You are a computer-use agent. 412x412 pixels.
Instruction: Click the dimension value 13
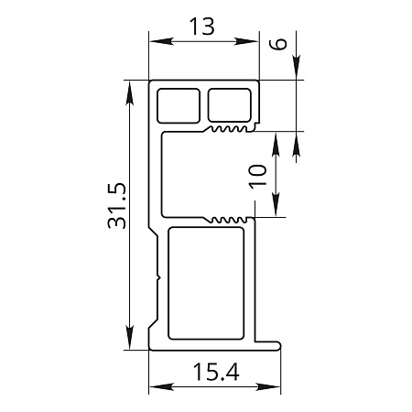tap(202, 27)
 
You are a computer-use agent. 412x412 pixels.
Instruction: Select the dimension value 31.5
tap(116, 206)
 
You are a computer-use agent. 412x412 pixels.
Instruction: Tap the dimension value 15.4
tap(216, 372)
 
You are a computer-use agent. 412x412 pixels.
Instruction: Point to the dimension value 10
tap(257, 177)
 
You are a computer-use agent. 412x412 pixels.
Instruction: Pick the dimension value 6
tap(278, 44)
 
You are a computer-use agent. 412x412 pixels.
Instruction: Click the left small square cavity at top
tap(179, 105)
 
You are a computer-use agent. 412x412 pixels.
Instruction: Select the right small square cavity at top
tap(230, 104)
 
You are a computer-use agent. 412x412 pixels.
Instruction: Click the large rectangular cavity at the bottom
tap(206, 283)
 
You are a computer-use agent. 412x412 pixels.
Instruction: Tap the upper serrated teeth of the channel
tap(229, 129)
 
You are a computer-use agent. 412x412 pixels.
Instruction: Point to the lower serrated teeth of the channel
tap(229, 220)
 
